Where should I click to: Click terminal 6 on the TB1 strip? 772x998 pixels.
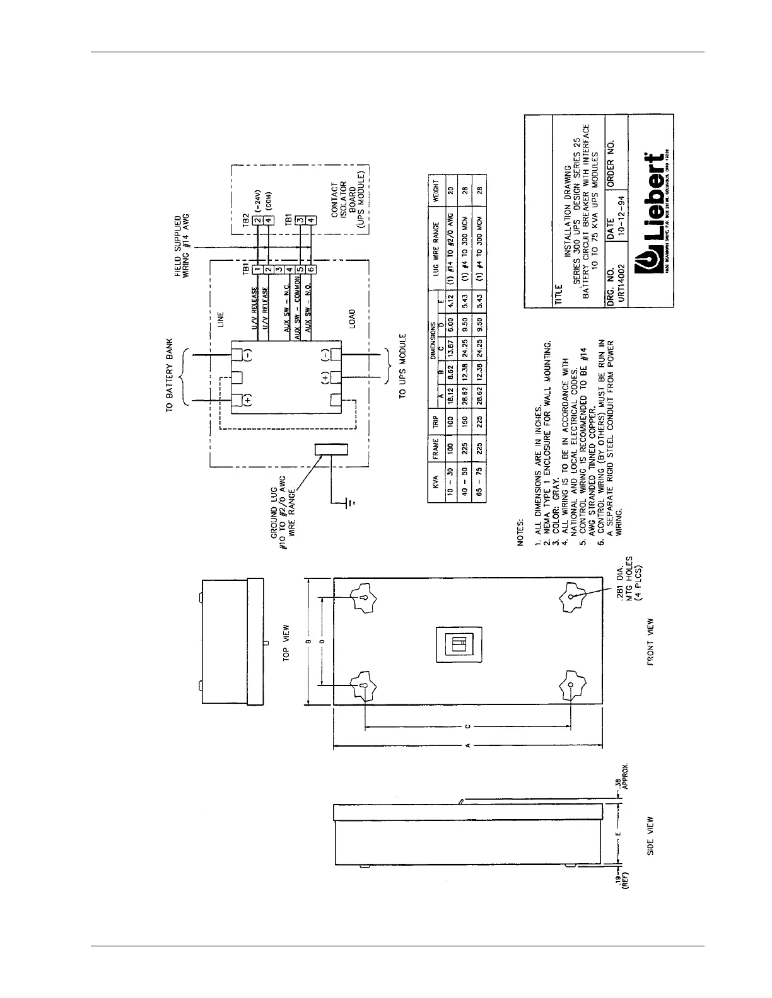[311, 270]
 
